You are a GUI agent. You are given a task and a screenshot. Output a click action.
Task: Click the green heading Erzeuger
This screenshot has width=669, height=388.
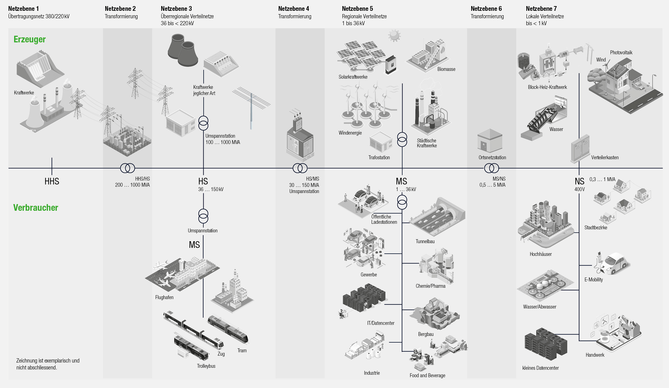coord(30,39)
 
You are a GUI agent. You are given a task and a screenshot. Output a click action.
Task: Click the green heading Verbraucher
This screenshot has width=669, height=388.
coord(36,208)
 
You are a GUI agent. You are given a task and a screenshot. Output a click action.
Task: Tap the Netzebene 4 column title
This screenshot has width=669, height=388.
coord(294,9)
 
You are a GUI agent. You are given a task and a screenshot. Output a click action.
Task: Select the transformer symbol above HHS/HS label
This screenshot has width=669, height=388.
coord(127,168)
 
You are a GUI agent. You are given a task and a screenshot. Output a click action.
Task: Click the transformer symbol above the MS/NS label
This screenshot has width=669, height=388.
coord(491,168)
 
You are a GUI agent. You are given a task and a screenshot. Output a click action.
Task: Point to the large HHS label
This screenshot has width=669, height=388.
coord(52,181)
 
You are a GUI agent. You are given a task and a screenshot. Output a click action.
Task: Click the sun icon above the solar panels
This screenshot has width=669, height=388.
coord(394,36)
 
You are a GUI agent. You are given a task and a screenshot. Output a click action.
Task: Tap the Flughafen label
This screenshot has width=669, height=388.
coord(164,297)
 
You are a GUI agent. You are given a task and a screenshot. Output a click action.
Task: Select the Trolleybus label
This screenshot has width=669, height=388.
coord(206,366)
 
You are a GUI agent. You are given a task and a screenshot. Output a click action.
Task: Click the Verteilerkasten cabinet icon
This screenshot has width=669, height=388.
coord(580,148)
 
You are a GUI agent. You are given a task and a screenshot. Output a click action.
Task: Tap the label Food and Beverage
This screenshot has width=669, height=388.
coord(427,376)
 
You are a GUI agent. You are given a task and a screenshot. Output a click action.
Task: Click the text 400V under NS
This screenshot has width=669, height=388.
coord(580,189)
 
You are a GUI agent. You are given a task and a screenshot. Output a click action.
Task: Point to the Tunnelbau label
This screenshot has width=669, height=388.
coord(425,241)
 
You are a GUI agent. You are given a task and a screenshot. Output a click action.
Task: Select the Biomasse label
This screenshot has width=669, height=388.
coord(446,69)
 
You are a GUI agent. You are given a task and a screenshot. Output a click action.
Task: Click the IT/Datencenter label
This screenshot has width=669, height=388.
coord(381,323)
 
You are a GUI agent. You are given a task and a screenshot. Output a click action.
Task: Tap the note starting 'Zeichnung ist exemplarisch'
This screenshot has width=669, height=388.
coord(48,364)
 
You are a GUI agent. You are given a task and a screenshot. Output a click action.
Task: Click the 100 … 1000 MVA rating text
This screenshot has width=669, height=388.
coord(223,142)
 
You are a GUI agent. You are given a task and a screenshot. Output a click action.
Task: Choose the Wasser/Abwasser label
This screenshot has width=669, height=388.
coord(540,307)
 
